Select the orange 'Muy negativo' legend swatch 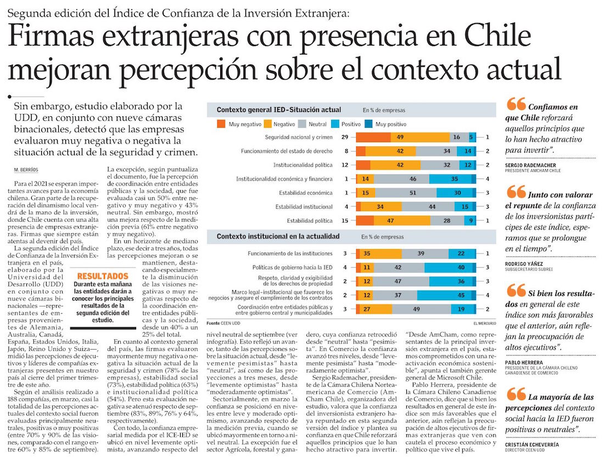pyautogui.click(x=221, y=124)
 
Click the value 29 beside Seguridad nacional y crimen pyautogui.click(x=344, y=137)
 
